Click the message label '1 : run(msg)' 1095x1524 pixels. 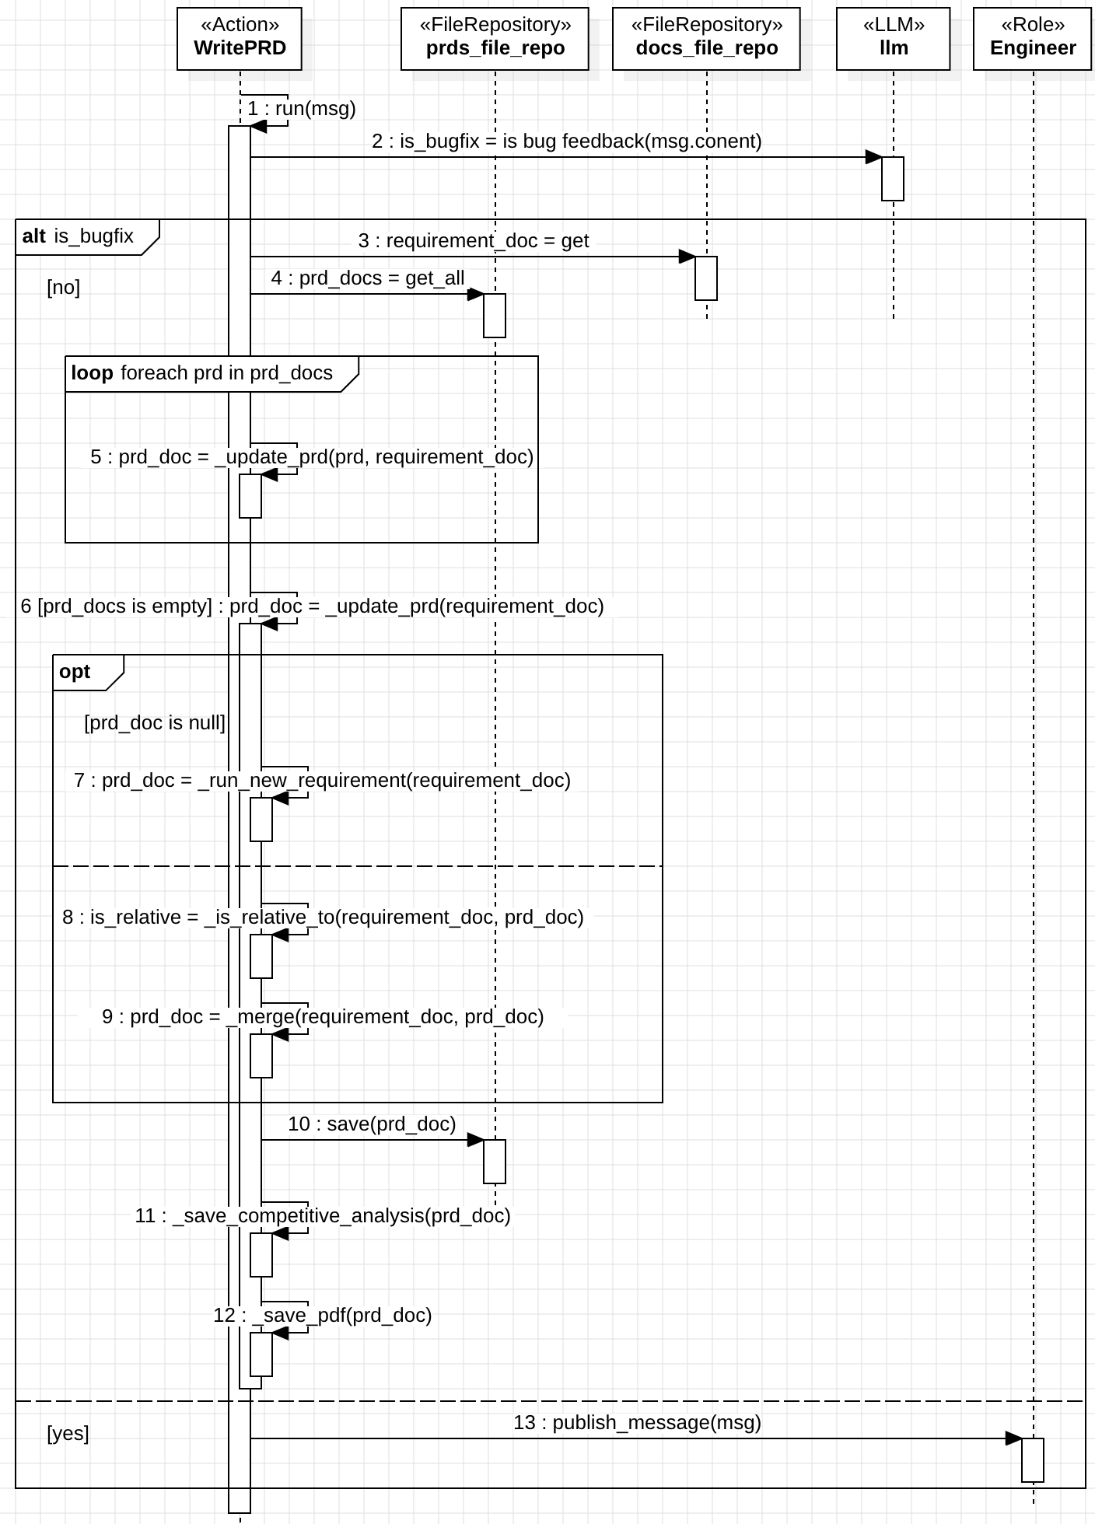[x=301, y=108]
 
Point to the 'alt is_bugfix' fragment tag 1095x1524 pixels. [x=78, y=236]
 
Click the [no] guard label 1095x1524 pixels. [x=63, y=288]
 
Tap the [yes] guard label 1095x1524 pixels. [x=68, y=1433]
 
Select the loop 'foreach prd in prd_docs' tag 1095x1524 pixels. [x=202, y=373]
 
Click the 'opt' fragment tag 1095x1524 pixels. [x=75, y=672]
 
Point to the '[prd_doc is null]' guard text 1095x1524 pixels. [x=155, y=723]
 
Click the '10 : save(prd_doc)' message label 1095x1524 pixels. [x=372, y=1124]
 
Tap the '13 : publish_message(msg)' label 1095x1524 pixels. [x=637, y=1422]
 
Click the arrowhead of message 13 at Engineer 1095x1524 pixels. [x=1014, y=1438]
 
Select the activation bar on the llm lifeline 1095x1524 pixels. [x=893, y=179]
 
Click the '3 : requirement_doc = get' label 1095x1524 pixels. [x=473, y=241]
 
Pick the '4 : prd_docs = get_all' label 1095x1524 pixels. [x=368, y=278]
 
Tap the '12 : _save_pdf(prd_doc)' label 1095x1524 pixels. [x=322, y=1315]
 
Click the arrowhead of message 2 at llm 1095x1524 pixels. [x=874, y=157]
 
